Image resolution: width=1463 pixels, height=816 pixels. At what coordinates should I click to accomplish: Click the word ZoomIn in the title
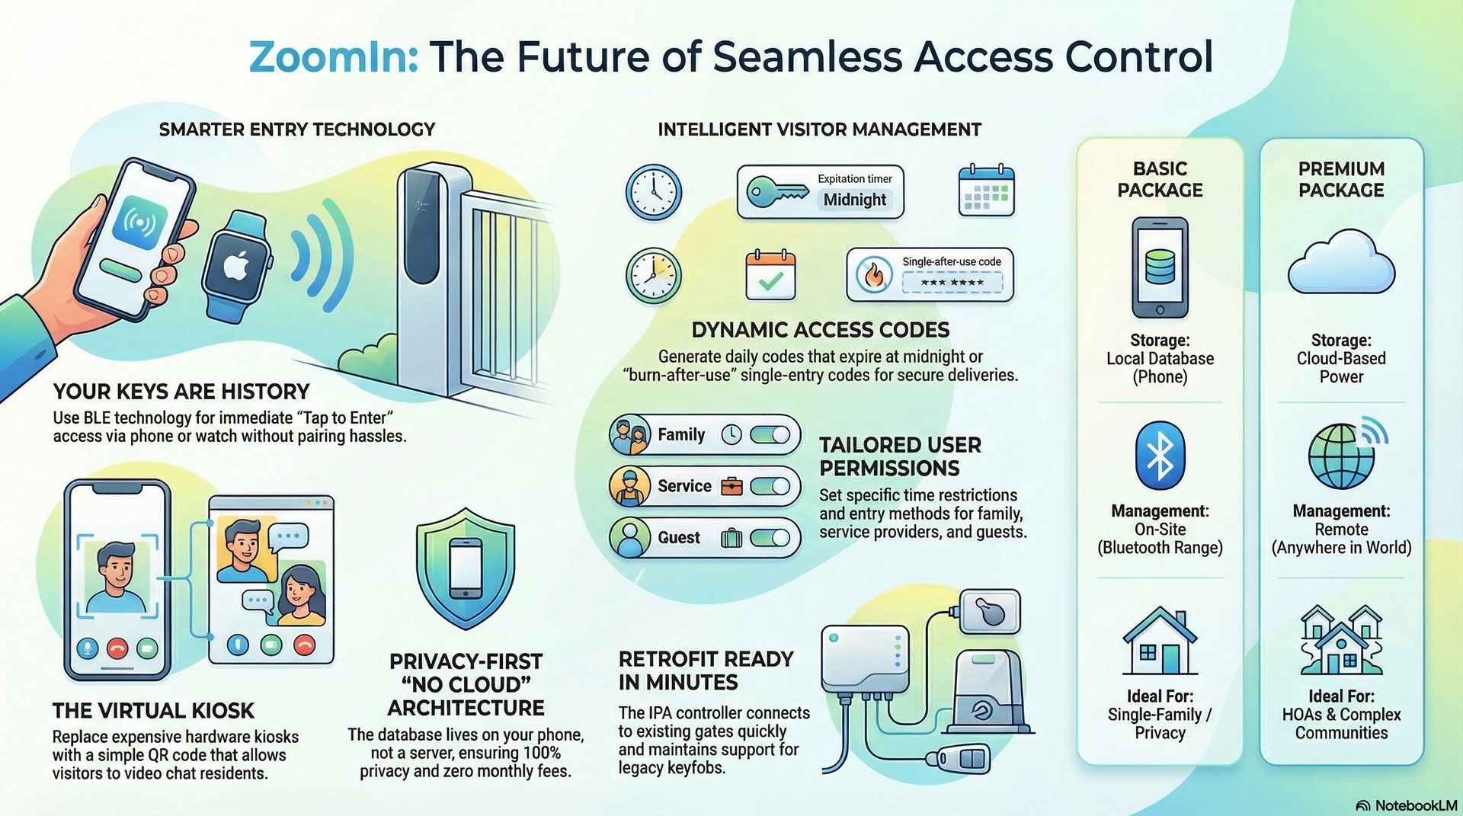click(x=333, y=57)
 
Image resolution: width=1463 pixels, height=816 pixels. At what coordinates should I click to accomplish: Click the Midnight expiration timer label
click(x=854, y=200)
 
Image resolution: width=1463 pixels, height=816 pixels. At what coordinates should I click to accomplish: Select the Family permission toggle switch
click(x=770, y=435)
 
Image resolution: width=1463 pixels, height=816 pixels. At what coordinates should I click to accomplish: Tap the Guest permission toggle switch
click(x=770, y=538)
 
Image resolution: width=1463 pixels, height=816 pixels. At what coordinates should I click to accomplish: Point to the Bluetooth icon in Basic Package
click(x=1160, y=455)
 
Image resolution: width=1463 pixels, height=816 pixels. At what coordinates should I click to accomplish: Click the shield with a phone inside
click(x=466, y=568)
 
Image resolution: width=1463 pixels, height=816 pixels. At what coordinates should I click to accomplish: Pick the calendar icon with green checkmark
click(x=770, y=275)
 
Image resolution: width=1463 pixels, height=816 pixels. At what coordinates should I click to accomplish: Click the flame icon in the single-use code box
click(x=874, y=275)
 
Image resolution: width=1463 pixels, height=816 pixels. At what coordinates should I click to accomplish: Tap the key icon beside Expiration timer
click(x=776, y=191)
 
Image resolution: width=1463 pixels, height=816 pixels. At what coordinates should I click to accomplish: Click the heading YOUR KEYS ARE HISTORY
click(x=181, y=392)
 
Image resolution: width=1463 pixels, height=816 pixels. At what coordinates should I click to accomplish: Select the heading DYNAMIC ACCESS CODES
click(x=821, y=330)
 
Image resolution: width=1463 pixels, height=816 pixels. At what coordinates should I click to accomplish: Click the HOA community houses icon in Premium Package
click(x=1341, y=641)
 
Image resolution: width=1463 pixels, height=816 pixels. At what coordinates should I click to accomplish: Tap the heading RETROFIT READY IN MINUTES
click(x=706, y=670)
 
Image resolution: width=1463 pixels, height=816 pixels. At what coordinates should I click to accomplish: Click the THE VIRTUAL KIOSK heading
click(x=153, y=711)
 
